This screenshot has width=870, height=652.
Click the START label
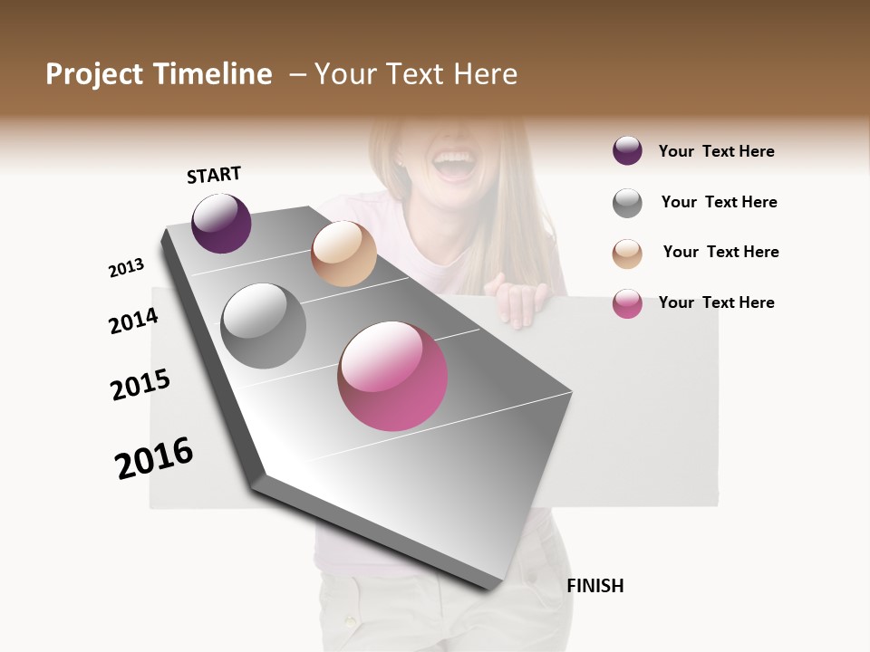214,175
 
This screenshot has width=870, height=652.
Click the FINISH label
595,586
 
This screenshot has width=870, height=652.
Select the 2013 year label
126,268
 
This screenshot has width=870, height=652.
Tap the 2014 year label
133,321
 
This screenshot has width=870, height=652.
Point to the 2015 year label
140,385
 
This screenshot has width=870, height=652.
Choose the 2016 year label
154,458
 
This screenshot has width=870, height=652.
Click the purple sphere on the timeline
221,223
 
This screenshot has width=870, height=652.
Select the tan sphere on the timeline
343,254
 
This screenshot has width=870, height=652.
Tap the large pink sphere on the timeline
392,376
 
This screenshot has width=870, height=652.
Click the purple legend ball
627,151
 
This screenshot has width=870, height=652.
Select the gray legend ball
627,203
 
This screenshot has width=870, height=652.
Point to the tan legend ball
627,254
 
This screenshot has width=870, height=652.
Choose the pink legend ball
627,303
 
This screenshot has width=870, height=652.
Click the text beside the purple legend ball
716,152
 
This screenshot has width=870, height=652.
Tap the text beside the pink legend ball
716,302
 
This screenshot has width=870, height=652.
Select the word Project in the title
94,74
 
